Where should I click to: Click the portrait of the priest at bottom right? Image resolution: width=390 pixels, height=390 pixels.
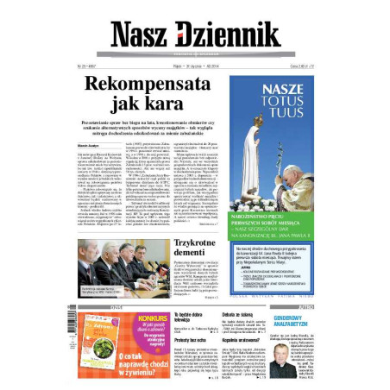[x=299, y=356]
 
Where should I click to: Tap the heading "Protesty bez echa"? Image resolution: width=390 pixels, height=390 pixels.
[x=192, y=342]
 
